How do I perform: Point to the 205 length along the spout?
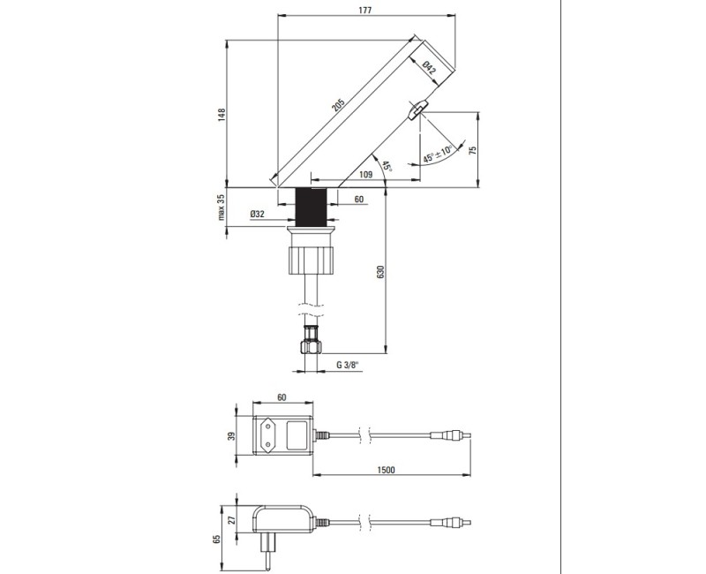tap(339, 106)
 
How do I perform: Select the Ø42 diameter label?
tap(428, 70)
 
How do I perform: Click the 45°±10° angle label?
tap(438, 154)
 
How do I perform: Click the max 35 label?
tap(223, 208)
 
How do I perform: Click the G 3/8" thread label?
tap(351, 365)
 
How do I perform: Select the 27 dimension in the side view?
tap(233, 520)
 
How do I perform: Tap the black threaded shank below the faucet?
tap(313, 208)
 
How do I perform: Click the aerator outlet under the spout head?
tap(417, 109)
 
